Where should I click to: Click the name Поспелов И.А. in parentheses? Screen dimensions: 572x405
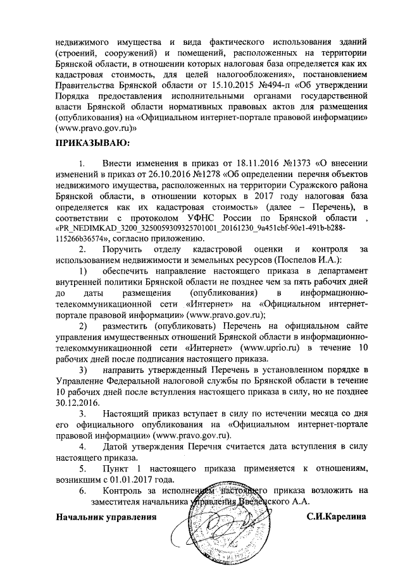[307, 260]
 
